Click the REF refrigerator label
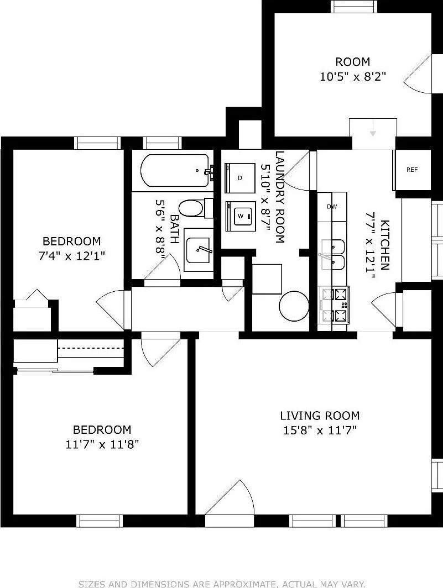[x=412, y=170]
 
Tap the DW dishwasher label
[x=332, y=207]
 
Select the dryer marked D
[x=240, y=178]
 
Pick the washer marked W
[x=241, y=217]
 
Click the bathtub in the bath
[x=175, y=171]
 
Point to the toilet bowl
[x=191, y=208]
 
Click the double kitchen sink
[x=333, y=255]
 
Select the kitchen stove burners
[x=334, y=305]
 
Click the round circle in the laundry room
[x=294, y=306]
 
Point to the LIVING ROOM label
[x=320, y=416]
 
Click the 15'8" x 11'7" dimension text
[x=320, y=430]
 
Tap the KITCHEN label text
[x=385, y=244]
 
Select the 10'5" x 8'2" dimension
[x=353, y=76]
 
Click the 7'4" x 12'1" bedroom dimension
[x=71, y=256]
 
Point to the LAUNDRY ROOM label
[x=280, y=197]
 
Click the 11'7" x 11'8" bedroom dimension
[x=102, y=444]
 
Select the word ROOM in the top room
[x=352, y=61]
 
